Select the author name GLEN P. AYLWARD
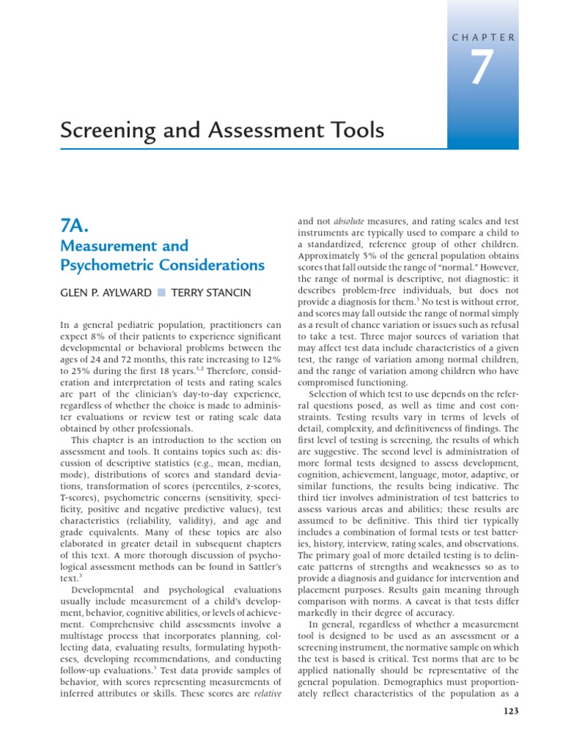point(103,293)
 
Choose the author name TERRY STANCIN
point(210,293)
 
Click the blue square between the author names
point(161,293)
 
